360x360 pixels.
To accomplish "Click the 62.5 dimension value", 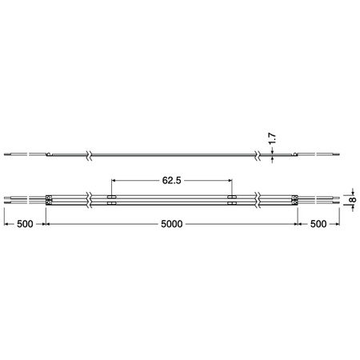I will click(x=171, y=181).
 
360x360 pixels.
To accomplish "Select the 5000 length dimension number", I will click(x=171, y=226).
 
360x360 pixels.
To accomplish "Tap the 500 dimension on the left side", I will click(x=24, y=226).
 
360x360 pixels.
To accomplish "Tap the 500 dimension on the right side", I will click(x=318, y=226).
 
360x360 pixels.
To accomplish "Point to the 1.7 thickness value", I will click(x=272, y=141).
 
